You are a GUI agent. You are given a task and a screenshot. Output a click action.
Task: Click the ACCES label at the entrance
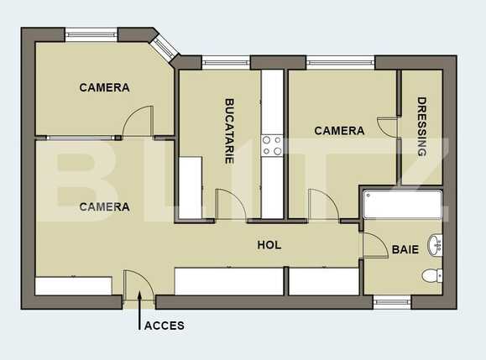[165, 326]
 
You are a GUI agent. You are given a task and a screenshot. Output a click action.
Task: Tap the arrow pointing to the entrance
[139, 320]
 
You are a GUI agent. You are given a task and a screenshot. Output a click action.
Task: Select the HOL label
[269, 245]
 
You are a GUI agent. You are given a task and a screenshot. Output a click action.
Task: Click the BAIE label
[405, 249]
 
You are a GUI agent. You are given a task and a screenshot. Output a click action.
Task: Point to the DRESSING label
[422, 127]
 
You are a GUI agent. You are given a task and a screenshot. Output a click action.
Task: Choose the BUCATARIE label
[229, 130]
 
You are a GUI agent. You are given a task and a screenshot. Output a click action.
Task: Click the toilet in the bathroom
[431, 274]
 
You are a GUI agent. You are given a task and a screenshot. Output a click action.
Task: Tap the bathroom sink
[435, 245]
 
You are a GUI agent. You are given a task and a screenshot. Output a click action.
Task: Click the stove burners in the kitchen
[272, 146]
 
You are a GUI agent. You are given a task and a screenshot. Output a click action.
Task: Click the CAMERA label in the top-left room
[104, 87]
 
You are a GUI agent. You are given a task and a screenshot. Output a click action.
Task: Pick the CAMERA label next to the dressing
[339, 131]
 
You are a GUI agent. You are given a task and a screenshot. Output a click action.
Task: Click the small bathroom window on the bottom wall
[391, 301]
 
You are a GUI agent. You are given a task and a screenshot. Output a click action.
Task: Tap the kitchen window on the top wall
[226, 62]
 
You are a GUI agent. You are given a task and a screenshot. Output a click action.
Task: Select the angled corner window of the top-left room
[165, 45]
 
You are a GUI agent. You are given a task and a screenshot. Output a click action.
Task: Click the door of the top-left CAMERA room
[138, 123]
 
